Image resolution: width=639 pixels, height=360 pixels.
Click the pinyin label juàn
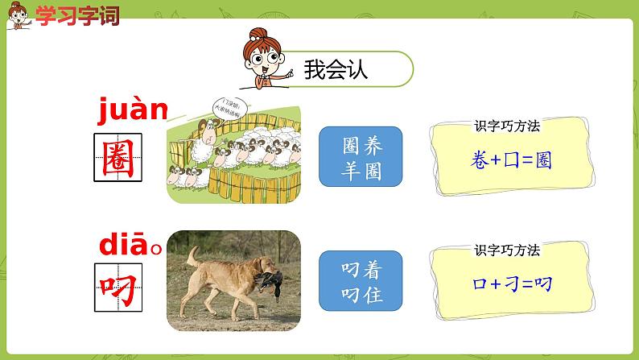(x=133, y=110)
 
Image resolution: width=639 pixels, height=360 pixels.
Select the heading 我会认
(x=336, y=69)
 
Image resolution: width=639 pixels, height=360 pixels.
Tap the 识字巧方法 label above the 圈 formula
(x=507, y=126)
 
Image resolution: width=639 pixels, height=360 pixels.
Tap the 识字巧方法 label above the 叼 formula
(x=507, y=249)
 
